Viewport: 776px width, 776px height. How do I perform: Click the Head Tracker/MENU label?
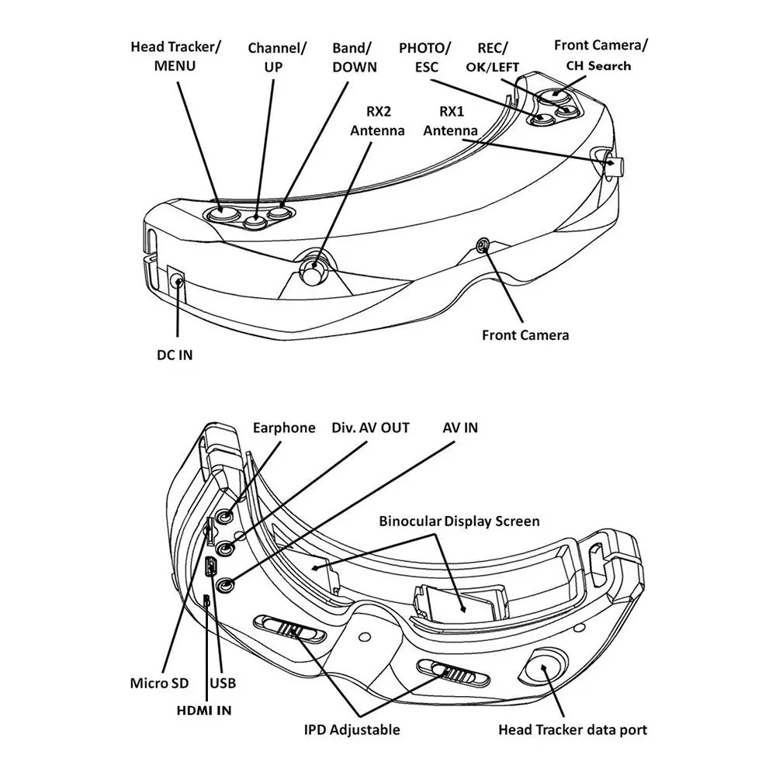(x=175, y=56)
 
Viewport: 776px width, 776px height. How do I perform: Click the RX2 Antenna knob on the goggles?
(x=314, y=272)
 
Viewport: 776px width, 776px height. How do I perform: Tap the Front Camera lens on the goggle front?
(x=483, y=246)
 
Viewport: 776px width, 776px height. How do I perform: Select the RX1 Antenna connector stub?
(x=617, y=165)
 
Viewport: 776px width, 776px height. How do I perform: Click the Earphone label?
(x=284, y=428)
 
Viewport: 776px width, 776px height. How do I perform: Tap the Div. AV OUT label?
(x=370, y=428)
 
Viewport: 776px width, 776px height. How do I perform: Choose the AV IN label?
(x=460, y=428)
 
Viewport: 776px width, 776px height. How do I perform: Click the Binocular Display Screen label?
(x=459, y=521)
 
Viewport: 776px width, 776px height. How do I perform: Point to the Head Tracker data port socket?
(x=546, y=666)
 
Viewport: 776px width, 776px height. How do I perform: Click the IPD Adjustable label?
(x=352, y=729)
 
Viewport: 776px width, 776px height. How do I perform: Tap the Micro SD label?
(x=159, y=684)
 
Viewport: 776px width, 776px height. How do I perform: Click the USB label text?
(x=223, y=684)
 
